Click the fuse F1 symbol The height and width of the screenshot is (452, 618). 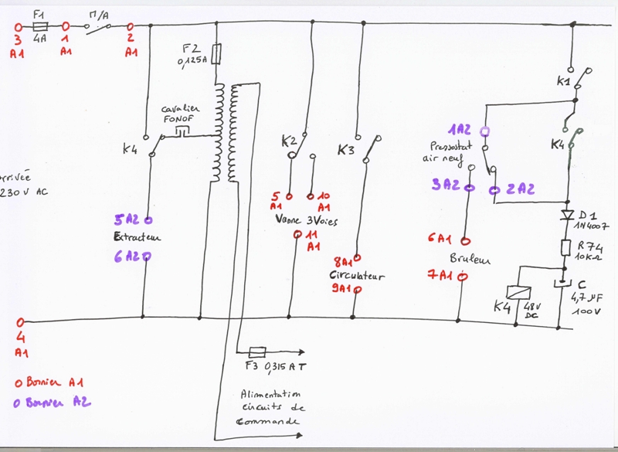tap(42, 26)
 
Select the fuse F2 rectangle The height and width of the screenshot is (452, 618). tap(218, 53)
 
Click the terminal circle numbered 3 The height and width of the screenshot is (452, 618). tap(19, 26)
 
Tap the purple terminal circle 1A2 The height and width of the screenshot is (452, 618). tap(484, 131)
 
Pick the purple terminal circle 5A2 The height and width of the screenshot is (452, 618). tap(146, 219)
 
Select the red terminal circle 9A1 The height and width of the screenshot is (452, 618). tap(358, 290)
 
